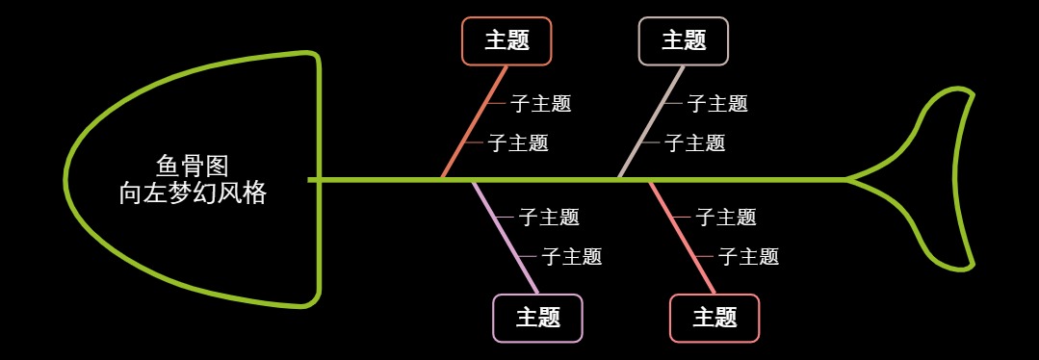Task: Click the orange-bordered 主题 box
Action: point(507,40)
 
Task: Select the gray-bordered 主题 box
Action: point(684,40)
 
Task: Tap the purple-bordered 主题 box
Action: point(537,318)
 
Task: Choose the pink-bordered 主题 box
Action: point(714,318)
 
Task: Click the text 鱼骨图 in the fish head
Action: point(192,166)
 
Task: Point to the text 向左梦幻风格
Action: point(192,193)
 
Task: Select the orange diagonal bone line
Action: point(475,121)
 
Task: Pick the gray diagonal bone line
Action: point(652,121)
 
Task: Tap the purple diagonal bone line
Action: point(505,237)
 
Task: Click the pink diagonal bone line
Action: point(682,237)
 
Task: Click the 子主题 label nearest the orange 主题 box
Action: point(540,104)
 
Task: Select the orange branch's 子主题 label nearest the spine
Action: point(518,143)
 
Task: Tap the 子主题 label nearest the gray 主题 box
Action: point(717,104)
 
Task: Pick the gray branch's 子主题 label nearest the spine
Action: point(695,143)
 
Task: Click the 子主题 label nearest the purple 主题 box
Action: point(571,257)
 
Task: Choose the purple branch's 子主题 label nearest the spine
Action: point(549,218)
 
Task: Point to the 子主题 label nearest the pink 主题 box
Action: point(748,257)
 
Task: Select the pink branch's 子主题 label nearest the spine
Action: point(726,218)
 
